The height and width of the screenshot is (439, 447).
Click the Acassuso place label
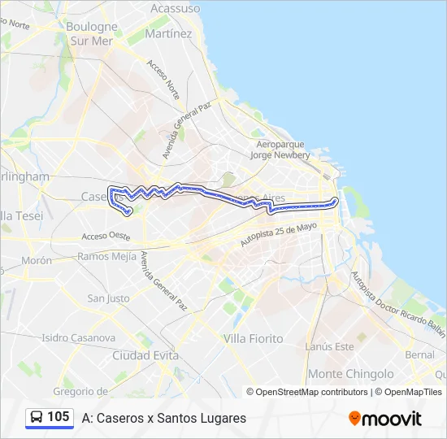176,8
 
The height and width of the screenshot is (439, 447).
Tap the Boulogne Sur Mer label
91,33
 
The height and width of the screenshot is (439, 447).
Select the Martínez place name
168,34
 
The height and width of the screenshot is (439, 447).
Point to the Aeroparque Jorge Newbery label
280,150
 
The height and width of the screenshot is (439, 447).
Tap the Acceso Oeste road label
106,237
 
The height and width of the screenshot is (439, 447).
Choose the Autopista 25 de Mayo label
277,235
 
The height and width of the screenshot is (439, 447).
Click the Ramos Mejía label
107,256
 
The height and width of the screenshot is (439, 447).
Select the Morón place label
37,261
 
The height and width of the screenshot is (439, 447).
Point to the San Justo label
108,298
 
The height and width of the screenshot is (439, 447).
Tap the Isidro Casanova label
79,337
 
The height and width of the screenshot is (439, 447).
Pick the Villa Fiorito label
253,338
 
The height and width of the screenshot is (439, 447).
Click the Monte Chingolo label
351,374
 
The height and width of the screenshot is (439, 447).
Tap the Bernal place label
419,355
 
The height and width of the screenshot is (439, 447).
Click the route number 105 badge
50,417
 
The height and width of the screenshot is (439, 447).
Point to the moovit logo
385,419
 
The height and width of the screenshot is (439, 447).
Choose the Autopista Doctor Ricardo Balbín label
397,302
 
